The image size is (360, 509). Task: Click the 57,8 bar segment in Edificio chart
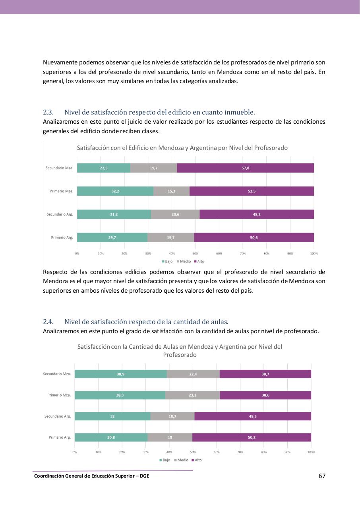pos(245,168)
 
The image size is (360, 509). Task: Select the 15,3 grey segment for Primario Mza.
pos(171,191)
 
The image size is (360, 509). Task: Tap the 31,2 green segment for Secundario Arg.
pos(114,214)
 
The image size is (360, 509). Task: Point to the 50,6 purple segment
pos(254,237)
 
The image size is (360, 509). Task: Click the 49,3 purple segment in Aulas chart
pos(253,416)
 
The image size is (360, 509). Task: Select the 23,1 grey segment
pos(192,395)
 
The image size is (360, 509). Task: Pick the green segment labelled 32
pos(112,416)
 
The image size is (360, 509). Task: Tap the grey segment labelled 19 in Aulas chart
pos(170,437)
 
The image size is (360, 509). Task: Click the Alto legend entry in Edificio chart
pos(199,261)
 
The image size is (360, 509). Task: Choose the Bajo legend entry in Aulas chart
pos(165,460)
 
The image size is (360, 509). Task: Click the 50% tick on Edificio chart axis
pos(195,253)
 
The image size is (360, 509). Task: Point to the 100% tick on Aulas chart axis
pos(311,452)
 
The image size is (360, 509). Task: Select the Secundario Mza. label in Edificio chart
pos(59,168)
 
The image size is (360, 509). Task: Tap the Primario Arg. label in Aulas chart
pos(60,437)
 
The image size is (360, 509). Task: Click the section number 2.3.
pos(48,112)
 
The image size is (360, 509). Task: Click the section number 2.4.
pos(48,322)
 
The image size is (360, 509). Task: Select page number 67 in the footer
pos(322,476)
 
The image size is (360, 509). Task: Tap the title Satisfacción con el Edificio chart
pos(182,148)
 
